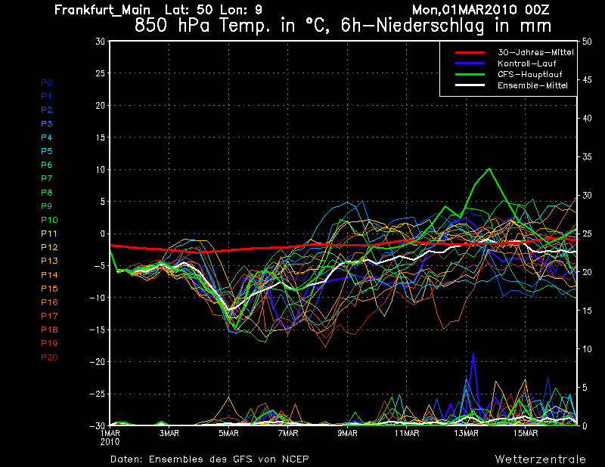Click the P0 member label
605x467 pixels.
pyautogui.click(x=46, y=82)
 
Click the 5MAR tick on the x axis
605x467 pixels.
pyautogui.click(x=229, y=433)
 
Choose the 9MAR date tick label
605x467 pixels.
pyautogui.click(x=348, y=433)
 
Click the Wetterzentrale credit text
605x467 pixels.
pyautogui.click(x=540, y=459)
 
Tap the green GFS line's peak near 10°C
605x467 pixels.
pyautogui.click(x=490, y=169)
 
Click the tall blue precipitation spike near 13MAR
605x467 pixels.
pyautogui.click(x=473, y=354)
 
